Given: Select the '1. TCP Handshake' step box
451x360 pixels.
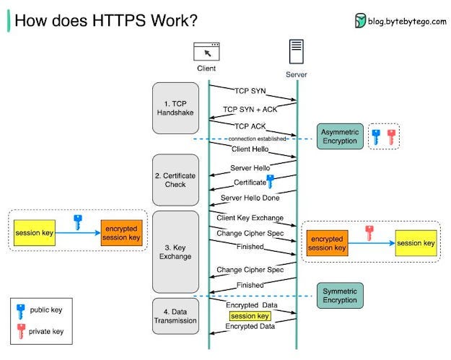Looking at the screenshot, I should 175,108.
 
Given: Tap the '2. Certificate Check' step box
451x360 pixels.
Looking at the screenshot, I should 175,180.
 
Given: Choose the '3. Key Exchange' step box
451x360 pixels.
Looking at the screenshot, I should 175,251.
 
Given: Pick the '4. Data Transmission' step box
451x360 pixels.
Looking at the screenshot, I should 175,316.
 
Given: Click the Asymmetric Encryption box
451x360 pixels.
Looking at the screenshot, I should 340,136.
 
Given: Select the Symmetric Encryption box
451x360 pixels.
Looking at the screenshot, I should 340,295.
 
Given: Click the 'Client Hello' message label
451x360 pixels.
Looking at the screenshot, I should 250,149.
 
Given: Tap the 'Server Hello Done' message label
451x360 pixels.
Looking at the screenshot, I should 249,197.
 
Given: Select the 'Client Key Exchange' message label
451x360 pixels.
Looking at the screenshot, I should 250,217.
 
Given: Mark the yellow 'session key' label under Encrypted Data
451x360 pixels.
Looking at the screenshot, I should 250,316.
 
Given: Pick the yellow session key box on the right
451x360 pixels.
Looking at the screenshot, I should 416,244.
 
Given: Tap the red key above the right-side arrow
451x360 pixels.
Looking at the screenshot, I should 369,232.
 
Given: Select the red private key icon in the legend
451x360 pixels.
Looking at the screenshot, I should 21,332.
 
